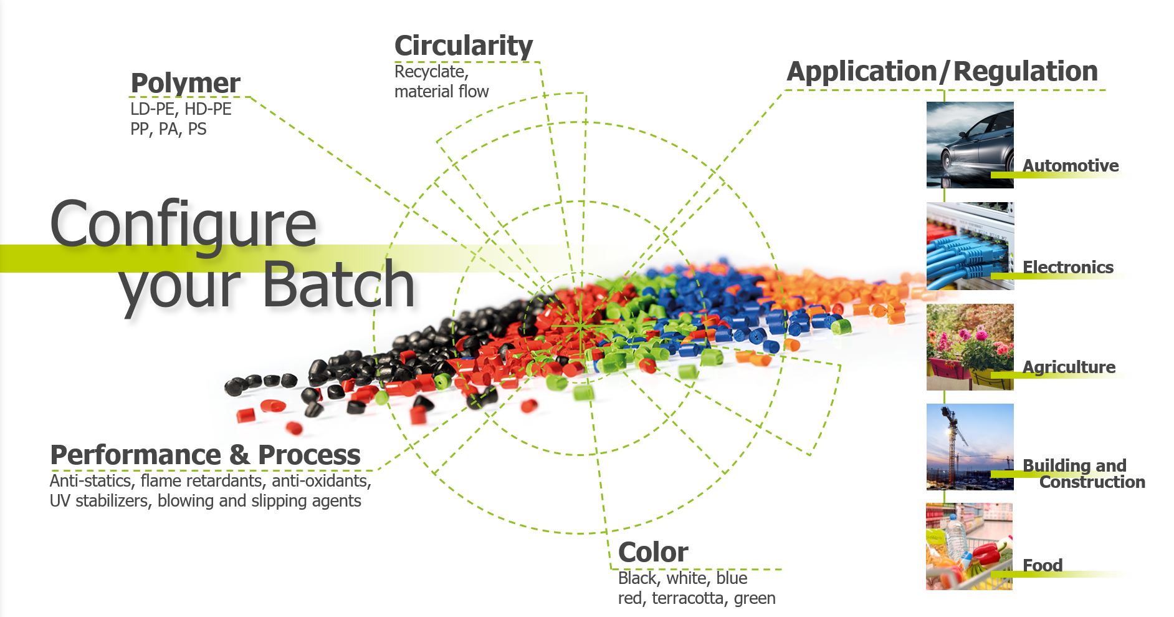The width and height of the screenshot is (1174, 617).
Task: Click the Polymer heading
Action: pyautogui.click(x=185, y=84)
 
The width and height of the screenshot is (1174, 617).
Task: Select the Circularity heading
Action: pyautogui.click(x=464, y=46)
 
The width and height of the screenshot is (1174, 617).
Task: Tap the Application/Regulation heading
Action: pyautogui.click(x=942, y=71)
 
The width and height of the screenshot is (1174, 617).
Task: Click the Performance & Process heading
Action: pyautogui.click(x=205, y=454)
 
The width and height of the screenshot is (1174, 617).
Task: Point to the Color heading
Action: pyautogui.click(x=653, y=552)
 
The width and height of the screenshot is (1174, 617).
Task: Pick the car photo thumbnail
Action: pyautogui.click(x=970, y=145)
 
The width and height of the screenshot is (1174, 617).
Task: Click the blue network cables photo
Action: pyautogui.click(x=970, y=246)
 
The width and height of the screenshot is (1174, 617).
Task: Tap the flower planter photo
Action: pyautogui.click(x=970, y=347)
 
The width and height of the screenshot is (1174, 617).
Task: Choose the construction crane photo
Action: pyautogui.click(x=970, y=447)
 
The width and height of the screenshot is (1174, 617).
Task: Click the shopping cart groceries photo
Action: pyautogui.click(x=969, y=547)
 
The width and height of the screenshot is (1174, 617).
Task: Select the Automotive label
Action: pyautogui.click(x=1070, y=165)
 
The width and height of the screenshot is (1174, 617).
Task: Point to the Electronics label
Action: pyautogui.click(x=1067, y=267)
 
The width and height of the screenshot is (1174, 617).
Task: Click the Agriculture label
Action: pyautogui.click(x=1069, y=367)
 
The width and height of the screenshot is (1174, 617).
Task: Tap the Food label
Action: pyautogui.click(x=1042, y=565)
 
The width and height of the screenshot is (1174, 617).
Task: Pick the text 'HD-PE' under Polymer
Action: pyautogui.click(x=208, y=109)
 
